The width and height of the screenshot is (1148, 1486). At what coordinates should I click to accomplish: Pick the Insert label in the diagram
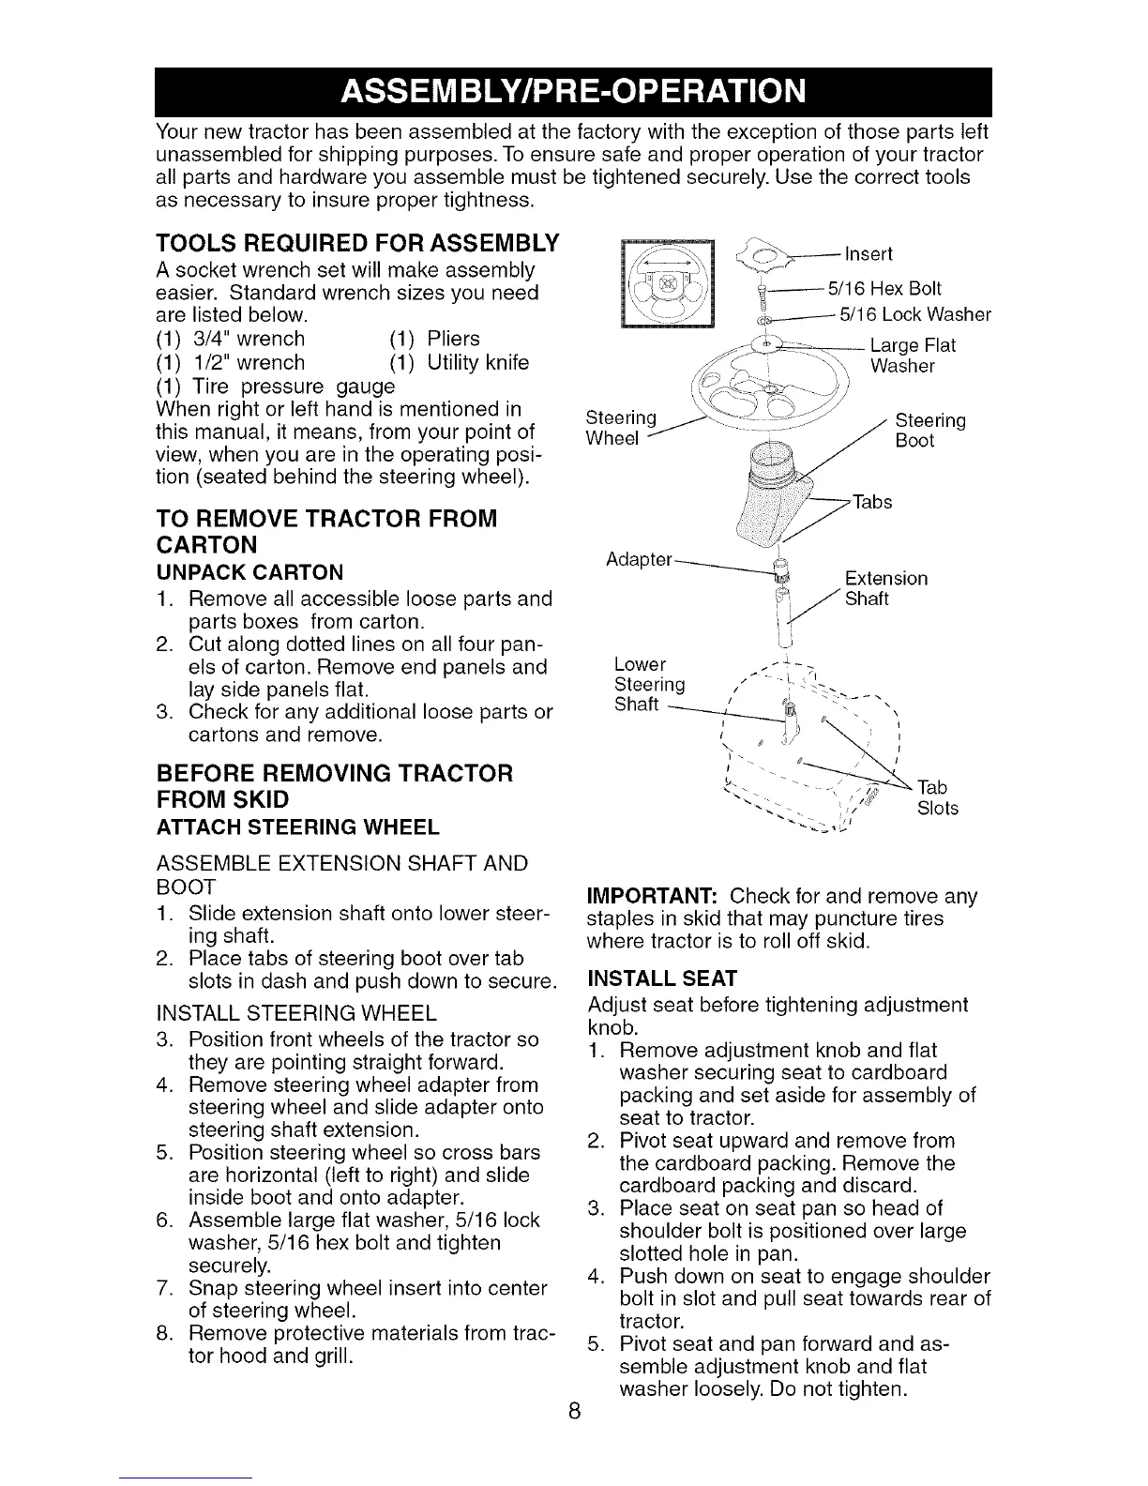coord(869,254)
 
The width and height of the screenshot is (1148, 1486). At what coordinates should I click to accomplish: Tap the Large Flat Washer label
coord(913,356)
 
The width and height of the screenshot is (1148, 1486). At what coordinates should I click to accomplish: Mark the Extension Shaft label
coord(885,588)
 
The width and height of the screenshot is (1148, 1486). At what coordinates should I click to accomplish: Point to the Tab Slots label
coord(937,797)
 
